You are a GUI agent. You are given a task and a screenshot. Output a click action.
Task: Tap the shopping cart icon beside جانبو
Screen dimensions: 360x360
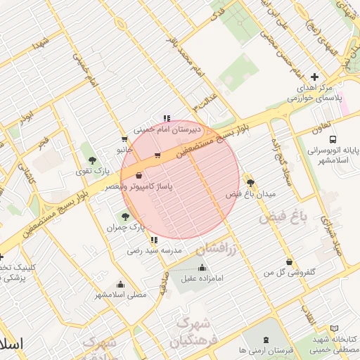click(x=124, y=139)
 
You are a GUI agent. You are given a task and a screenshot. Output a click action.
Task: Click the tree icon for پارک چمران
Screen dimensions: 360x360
click(x=125, y=217)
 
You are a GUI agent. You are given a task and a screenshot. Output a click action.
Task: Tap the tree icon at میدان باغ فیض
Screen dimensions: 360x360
click(x=250, y=181)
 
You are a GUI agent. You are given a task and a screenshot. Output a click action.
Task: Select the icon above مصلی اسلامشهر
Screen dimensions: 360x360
click(x=121, y=285)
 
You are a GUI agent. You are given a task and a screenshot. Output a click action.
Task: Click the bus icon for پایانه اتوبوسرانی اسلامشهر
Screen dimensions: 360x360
click(x=332, y=139)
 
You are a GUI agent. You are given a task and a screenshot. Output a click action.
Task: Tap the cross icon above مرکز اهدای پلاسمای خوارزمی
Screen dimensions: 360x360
click(x=314, y=77)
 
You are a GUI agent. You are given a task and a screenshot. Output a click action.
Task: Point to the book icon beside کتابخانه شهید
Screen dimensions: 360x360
click(x=334, y=328)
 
